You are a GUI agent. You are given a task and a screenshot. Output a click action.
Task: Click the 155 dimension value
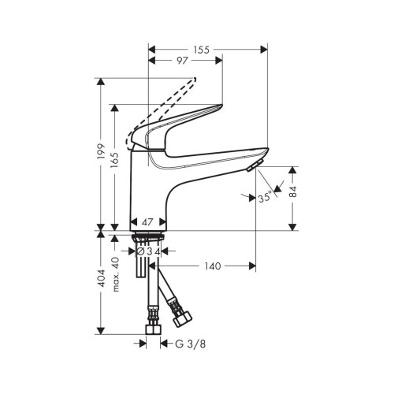click(202, 50)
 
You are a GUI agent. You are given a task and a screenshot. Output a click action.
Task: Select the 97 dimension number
click(182, 61)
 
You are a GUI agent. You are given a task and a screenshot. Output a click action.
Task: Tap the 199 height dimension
click(101, 151)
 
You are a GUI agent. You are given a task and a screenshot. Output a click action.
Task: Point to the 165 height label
click(114, 161)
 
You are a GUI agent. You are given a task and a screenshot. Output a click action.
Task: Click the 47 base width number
click(147, 222)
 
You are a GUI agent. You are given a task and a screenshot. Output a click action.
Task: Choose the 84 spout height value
click(292, 191)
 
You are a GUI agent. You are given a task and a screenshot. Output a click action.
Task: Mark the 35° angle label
click(266, 197)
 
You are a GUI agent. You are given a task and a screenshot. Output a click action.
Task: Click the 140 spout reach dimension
click(213, 266)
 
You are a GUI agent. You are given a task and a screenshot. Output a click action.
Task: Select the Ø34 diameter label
click(149, 251)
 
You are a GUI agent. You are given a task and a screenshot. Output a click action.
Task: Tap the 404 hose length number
click(101, 278)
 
